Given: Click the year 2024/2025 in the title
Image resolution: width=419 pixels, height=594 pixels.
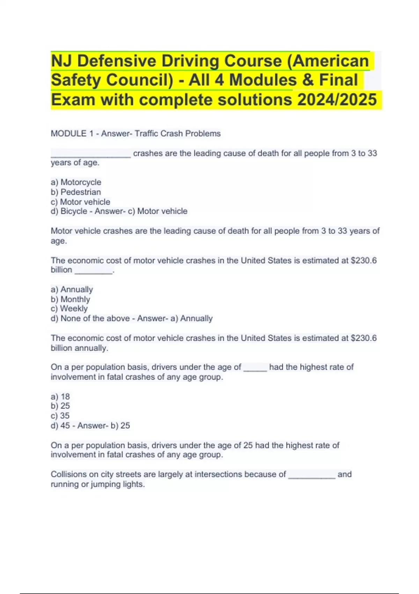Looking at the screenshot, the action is [337, 100].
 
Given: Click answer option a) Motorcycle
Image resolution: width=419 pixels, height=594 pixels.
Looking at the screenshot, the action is [76, 182].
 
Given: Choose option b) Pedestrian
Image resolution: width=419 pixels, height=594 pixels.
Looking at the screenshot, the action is [76, 192].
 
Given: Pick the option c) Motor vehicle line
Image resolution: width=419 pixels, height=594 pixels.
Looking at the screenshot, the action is [80, 202].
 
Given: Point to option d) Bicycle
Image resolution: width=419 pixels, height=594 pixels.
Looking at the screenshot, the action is [69, 211].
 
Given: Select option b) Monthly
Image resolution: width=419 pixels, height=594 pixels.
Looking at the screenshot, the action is [70, 299].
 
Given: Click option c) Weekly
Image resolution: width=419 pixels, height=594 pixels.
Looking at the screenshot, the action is [69, 309].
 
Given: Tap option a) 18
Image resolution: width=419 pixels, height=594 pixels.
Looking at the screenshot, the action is [60, 397].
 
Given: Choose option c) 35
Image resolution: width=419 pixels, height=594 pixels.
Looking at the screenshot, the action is [60, 415].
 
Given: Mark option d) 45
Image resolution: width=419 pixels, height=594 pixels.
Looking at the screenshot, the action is [60, 425].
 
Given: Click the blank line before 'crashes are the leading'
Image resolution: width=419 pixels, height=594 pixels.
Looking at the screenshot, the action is [91, 155].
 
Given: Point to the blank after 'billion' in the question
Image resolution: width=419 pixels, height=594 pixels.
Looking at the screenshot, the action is [94, 272].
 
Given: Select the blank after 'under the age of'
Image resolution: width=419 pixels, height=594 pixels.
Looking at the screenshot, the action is [255, 369].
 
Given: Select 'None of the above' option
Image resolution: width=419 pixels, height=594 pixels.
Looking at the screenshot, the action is [95, 318].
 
